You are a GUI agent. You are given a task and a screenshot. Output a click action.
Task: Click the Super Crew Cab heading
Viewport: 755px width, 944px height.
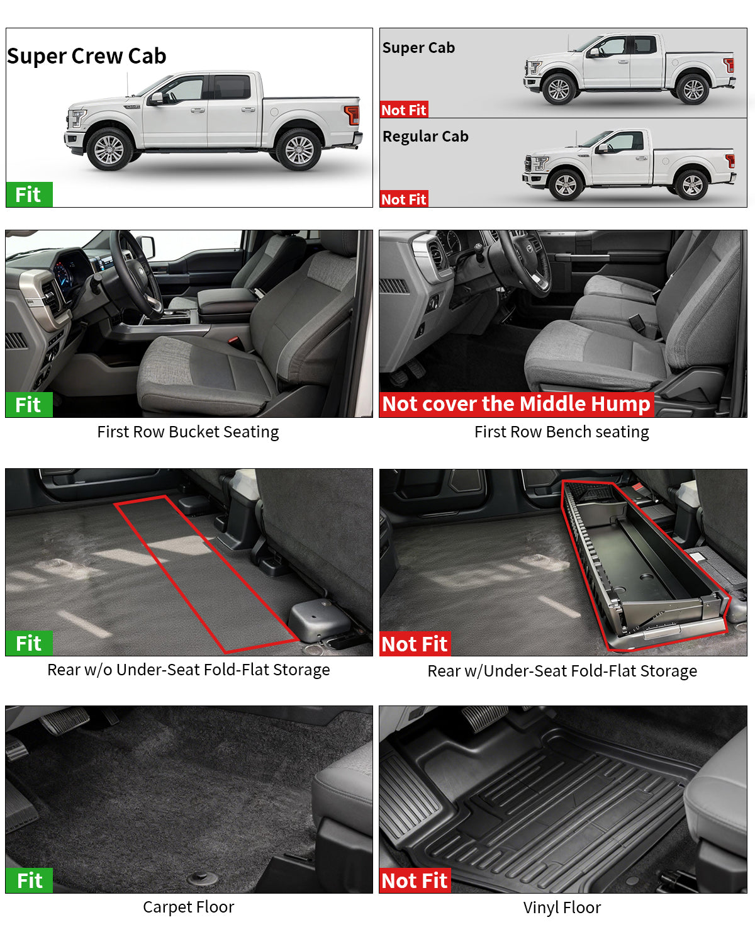(x=87, y=56)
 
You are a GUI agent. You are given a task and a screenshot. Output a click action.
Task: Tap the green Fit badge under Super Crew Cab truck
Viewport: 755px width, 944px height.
(x=29, y=194)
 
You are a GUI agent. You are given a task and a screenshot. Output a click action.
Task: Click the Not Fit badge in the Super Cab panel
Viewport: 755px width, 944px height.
(x=404, y=110)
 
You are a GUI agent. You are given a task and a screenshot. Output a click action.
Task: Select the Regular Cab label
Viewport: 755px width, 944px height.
(x=425, y=137)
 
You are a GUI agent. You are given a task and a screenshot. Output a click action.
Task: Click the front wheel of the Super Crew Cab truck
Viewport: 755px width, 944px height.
(x=109, y=150)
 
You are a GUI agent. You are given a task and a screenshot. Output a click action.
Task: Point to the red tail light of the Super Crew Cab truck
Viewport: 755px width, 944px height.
(x=352, y=115)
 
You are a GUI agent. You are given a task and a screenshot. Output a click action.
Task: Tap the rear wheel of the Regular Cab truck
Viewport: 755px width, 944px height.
(x=692, y=185)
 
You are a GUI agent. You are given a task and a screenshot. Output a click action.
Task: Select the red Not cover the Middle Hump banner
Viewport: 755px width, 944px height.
(x=516, y=404)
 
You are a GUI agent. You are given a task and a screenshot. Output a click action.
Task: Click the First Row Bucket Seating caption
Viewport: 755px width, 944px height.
(x=187, y=432)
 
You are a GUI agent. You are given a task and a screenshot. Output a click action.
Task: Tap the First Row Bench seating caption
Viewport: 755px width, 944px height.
(x=561, y=432)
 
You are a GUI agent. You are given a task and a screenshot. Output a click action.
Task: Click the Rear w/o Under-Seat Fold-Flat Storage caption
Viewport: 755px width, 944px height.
(x=188, y=670)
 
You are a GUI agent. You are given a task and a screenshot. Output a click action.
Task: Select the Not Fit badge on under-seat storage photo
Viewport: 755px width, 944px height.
(x=415, y=644)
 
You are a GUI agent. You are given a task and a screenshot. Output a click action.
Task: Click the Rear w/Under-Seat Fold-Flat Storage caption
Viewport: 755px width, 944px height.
(x=562, y=671)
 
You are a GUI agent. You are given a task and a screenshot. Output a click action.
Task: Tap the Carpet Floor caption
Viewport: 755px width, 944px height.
(x=188, y=907)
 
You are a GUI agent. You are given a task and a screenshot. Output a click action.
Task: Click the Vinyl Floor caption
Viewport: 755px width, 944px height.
(x=562, y=907)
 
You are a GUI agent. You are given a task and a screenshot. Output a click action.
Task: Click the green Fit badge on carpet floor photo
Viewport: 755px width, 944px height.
(x=29, y=880)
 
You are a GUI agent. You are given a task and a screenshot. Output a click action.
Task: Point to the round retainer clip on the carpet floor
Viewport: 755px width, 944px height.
(x=203, y=877)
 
